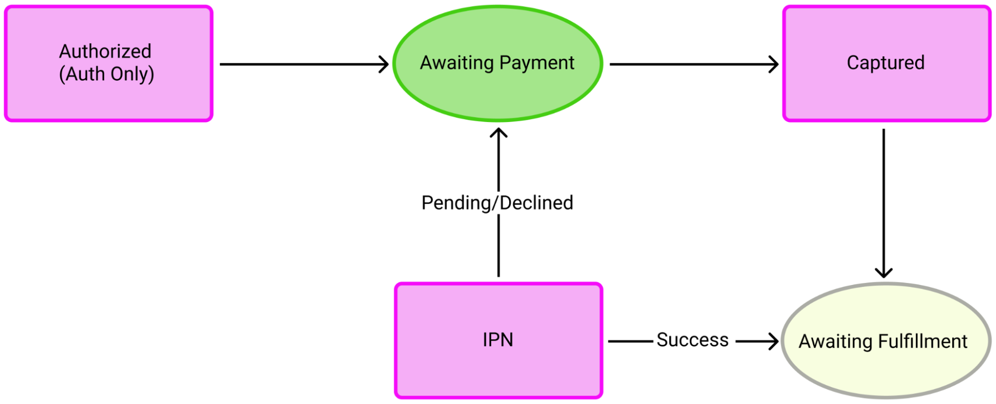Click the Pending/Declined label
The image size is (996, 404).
pos(497,203)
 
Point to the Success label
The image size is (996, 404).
pos(692,340)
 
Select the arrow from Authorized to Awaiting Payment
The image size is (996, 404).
pos(299,64)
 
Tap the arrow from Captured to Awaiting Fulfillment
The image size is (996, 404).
pos(883,199)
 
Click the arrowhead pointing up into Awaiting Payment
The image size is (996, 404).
pos(498,133)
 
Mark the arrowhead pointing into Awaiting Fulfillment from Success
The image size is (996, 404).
pos(773,341)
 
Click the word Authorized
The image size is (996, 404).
pos(105,51)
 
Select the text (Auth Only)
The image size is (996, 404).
pos(107,74)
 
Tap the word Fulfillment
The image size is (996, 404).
pos(922,342)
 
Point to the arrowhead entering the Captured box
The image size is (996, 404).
pos(774,64)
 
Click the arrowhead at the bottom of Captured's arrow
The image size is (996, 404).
pos(883,272)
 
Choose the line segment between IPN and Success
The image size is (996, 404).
pos(630,341)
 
